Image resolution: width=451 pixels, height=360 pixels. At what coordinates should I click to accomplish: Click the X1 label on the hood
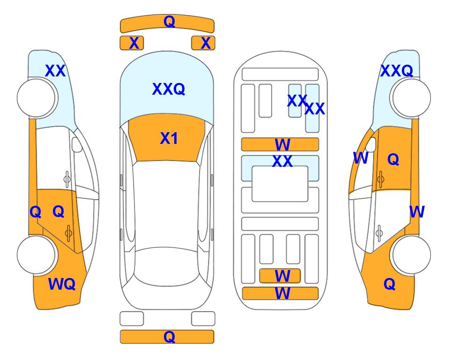click(169, 138)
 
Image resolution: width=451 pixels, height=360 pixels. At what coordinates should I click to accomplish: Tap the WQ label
click(61, 284)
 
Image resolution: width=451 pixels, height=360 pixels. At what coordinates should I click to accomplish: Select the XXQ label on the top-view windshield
click(168, 89)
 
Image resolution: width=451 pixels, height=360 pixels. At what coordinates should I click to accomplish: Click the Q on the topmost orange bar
click(169, 21)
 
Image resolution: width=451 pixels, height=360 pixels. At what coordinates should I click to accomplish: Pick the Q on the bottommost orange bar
click(169, 337)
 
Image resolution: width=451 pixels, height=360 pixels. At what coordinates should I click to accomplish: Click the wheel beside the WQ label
click(36, 255)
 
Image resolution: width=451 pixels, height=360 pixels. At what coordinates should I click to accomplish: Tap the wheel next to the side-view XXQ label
click(411, 98)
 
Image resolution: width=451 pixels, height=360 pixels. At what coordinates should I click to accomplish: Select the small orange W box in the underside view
click(280, 276)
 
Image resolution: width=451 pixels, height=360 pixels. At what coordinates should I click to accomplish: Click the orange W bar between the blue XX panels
click(280, 144)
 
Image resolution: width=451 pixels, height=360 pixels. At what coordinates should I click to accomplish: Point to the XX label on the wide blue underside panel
click(282, 161)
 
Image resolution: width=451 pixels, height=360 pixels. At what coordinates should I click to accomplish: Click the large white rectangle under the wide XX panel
click(280, 184)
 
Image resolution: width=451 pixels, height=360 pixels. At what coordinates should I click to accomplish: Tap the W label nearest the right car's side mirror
click(360, 158)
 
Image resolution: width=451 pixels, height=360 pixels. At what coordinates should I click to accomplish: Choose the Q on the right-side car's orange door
click(393, 160)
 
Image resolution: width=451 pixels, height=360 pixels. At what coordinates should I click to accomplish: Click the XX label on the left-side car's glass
click(55, 71)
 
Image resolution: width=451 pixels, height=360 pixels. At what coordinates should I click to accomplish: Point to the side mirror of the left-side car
click(77, 145)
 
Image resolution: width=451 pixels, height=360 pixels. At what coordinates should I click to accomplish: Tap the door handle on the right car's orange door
click(380, 178)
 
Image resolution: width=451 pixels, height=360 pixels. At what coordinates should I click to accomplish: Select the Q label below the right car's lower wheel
click(389, 284)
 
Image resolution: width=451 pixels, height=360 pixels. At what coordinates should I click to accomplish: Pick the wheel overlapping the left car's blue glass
click(36, 97)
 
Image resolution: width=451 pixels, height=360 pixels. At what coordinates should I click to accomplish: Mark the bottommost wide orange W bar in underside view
click(280, 293)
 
